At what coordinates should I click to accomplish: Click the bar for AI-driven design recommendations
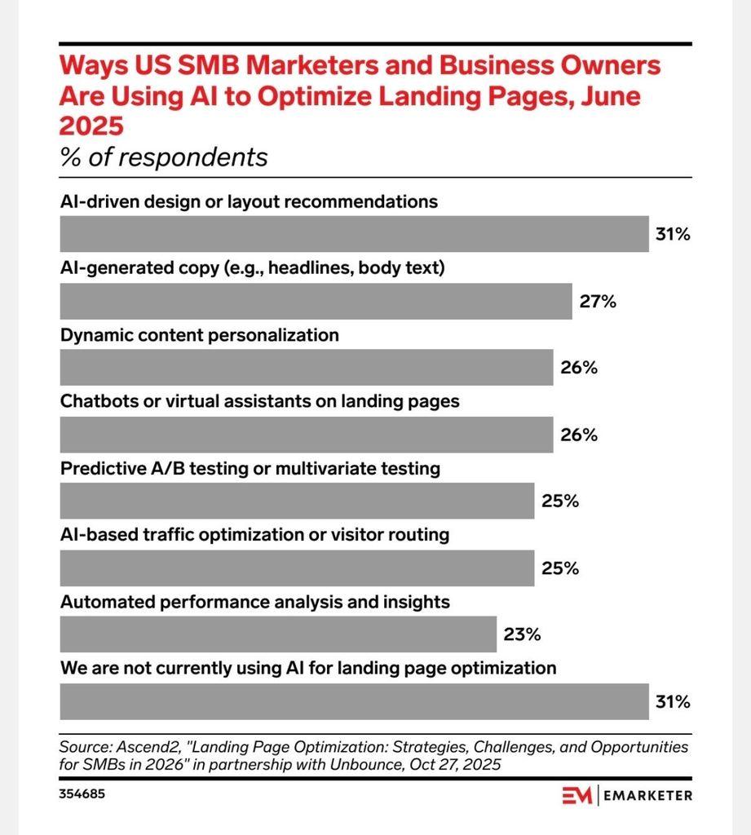pyautogui.click(x=355, y=235)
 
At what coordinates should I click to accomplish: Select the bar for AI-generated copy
pyautogui.click(x=316, y=302)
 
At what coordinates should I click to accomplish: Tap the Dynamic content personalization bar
pyautogui.click(x=307, y=368)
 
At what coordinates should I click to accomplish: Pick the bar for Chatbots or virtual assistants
pyautogui.click(x=307, y=435)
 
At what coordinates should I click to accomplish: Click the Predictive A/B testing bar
pyautogui.click(x=298, y=501)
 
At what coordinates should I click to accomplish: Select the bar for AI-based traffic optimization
pyautogui.click(x=298, y=568)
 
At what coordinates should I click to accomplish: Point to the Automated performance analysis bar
pyautogui.click(x=279, y=634)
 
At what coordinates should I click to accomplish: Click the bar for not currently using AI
pyautogui.click(x=355, y=701)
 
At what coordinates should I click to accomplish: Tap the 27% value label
pyautogui.click(x=598, y=302)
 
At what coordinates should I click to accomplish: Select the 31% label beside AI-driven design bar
pyautogui.click(x=673, y=235)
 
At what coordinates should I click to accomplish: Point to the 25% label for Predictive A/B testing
pyautogui.click(x=560, y=501)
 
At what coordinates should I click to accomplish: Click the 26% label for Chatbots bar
pyautogui.click(x=579, y=435)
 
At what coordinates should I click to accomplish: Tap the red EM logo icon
pyautogui.click(x=577, y=795)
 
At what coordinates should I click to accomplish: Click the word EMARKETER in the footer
pyautogui.click(x=648, y=795)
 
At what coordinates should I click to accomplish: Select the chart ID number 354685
pyautogui.click(x=82, y=793)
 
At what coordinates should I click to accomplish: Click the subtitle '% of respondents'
pyautogui.click(x=164, y=156)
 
